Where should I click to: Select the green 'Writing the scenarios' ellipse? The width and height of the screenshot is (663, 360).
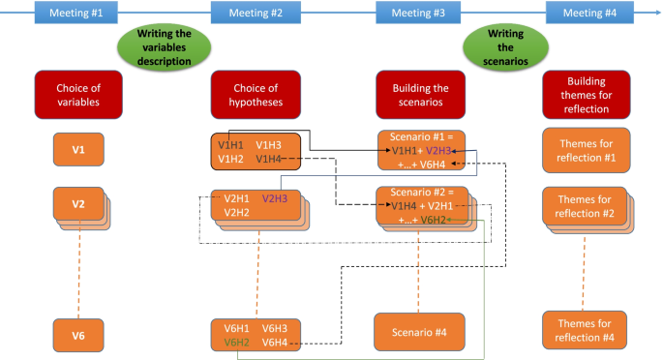[499, 45]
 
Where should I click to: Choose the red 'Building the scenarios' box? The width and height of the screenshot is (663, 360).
[419, 93]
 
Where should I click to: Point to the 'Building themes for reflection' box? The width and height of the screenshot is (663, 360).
[586, 93]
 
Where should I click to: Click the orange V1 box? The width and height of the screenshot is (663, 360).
[77, 150]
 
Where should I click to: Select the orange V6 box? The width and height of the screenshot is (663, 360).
[77, 335]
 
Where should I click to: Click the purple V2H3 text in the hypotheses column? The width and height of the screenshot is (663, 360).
[275, 198]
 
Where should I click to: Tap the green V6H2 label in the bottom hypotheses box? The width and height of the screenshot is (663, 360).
[236, 343]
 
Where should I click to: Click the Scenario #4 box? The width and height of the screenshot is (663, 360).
[419, 332]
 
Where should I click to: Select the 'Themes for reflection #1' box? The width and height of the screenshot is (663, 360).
[586, 150]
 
